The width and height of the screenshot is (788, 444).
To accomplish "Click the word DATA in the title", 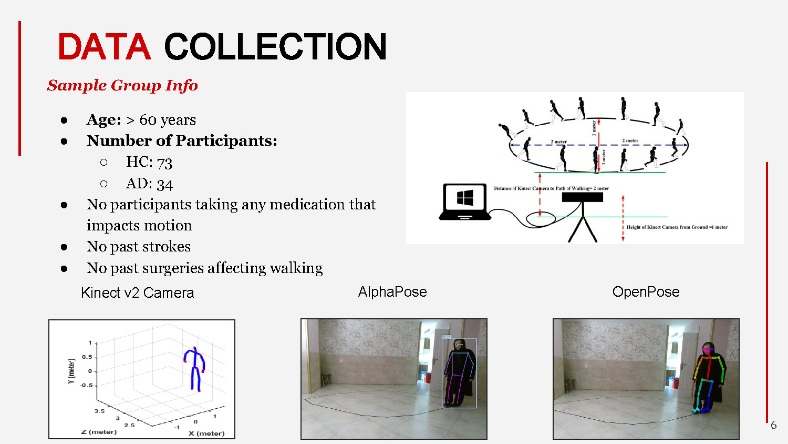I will point(104,46).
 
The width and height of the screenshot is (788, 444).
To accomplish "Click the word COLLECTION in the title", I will point(276,46).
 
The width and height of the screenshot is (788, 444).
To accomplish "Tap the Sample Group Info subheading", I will point(122,85).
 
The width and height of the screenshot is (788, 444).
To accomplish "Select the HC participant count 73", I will point(164,163).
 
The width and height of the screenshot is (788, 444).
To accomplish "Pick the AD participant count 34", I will point(164,184).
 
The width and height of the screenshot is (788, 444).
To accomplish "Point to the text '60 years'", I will point(168,120).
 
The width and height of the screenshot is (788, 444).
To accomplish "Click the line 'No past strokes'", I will point(139,247).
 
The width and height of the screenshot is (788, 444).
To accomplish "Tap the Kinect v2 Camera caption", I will point(138,293).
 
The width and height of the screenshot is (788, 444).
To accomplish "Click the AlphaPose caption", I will point(392,292).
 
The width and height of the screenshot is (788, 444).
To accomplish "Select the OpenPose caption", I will point(646,292).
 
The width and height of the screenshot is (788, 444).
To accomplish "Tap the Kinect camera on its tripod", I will point(583,210).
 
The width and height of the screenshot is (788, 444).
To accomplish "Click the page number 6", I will point(773,425).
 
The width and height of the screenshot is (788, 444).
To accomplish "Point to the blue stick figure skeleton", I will point(194,368).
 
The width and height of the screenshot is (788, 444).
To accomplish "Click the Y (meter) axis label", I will point(71,371).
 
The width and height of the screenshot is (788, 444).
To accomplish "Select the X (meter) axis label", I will point(206,433).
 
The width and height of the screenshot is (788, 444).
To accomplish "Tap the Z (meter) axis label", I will point(99,432).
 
